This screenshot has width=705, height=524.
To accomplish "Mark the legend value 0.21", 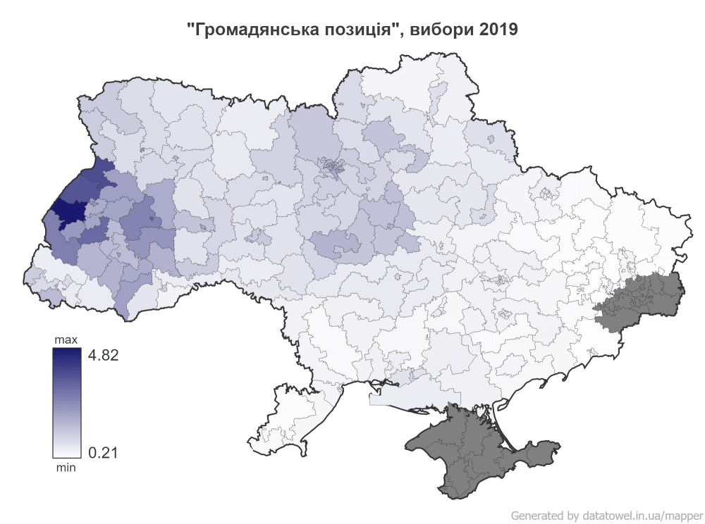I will [102, 451].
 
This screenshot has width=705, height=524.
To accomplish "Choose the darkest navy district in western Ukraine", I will [70, 211].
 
